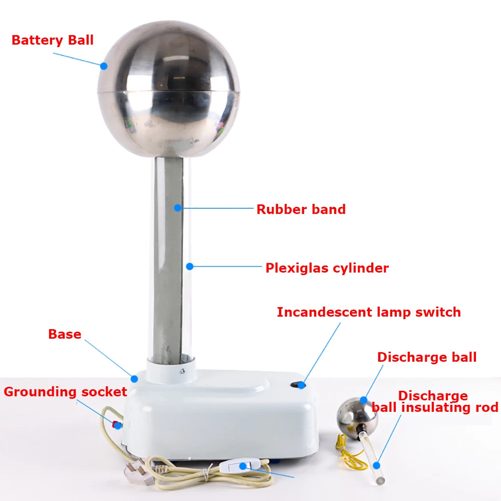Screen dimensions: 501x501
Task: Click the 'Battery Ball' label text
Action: (x=53, y=40)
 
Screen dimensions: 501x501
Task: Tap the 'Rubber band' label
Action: (x=301, y=209)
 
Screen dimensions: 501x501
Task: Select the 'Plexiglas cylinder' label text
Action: (x=327, y=268)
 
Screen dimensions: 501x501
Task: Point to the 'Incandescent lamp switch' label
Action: (x=369, y=312)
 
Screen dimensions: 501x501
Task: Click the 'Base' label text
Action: (x=65, y=334)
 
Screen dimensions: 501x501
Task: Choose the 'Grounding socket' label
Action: (x=66, y=392)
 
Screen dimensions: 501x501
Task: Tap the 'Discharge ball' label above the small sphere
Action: (x=427, y=357)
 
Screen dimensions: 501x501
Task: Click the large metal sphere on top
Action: (x=169, y=89)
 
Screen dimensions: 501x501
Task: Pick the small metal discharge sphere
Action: (x=357, y=415)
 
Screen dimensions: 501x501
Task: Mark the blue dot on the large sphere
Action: (x=104, y=66)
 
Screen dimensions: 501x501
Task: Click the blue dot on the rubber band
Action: (x=178, y=208)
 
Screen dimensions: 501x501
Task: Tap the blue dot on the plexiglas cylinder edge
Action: (x=190, y=266)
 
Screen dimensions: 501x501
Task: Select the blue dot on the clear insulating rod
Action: (x=376, y=465)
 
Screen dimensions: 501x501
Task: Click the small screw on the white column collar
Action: (x=183, y=371)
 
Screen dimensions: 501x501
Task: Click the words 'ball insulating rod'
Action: (x=435, y=407)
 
